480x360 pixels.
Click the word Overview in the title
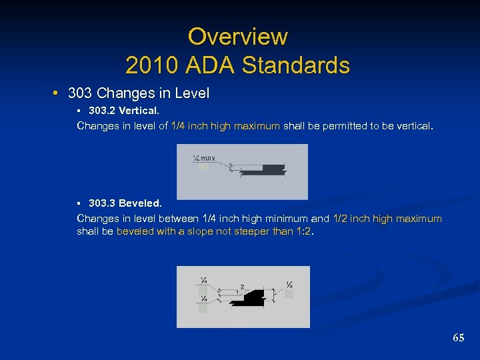coord(237,36)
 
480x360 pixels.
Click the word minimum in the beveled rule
coord(285,219)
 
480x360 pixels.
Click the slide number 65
coord(458,338)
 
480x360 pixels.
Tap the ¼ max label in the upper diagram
coord(203,158)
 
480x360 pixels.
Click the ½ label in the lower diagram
coord(289,285)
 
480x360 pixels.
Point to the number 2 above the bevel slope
coord(242,287)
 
